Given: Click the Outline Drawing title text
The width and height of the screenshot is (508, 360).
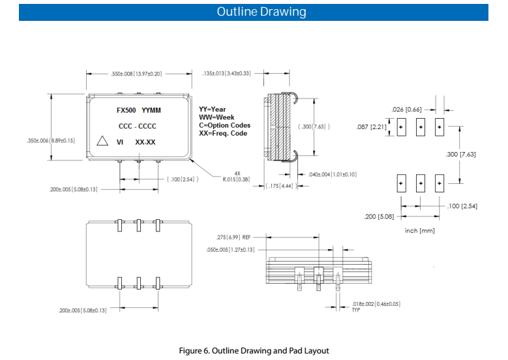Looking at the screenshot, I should coord(254,12).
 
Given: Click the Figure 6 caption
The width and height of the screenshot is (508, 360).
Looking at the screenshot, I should coord(254,350).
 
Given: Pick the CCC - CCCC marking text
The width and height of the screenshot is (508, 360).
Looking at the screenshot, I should coord(137,126).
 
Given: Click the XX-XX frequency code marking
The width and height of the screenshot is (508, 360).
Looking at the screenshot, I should coord(145,142).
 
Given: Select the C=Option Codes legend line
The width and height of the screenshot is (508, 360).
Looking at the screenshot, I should coord(224,125).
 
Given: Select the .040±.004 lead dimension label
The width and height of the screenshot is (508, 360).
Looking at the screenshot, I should coord(331,175).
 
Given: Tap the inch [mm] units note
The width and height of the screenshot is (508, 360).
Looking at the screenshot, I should coord(420,231).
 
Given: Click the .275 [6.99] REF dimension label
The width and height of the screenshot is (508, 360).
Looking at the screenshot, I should coord(233,237).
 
